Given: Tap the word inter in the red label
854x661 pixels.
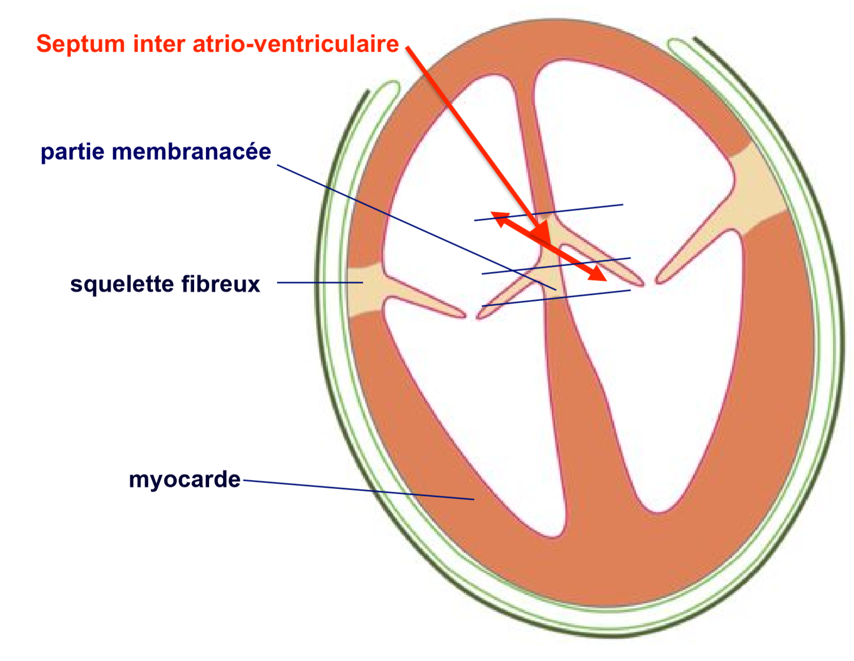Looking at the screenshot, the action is [159, 44].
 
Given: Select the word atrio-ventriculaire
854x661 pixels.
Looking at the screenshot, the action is [296, 44].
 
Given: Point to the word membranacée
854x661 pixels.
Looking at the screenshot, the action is [192, 151].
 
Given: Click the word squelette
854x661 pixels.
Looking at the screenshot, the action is [122, 285].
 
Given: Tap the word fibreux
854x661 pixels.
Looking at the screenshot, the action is [220, 284].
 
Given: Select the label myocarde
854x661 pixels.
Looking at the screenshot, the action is [184, 480].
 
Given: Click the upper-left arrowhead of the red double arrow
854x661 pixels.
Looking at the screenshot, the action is [500, 218].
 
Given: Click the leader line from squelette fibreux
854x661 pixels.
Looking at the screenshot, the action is [320, 283].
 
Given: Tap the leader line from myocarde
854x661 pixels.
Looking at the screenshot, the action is [359, 490].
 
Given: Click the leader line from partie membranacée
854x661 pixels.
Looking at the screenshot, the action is [416, 228].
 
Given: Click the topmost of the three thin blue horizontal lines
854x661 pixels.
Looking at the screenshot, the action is [549, 213].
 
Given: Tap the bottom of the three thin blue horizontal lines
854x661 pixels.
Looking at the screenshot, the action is [556, 298].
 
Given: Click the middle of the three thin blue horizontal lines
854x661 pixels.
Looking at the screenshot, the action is [556, 266].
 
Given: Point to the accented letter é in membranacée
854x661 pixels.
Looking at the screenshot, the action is [248, 151].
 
